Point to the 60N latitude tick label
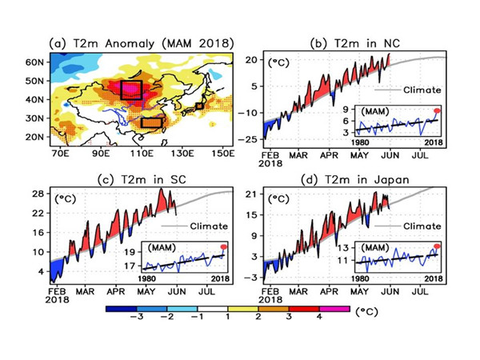point(35,62)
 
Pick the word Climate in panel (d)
point(422,226)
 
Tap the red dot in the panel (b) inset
point(438,110)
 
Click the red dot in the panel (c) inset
point(223,246)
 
